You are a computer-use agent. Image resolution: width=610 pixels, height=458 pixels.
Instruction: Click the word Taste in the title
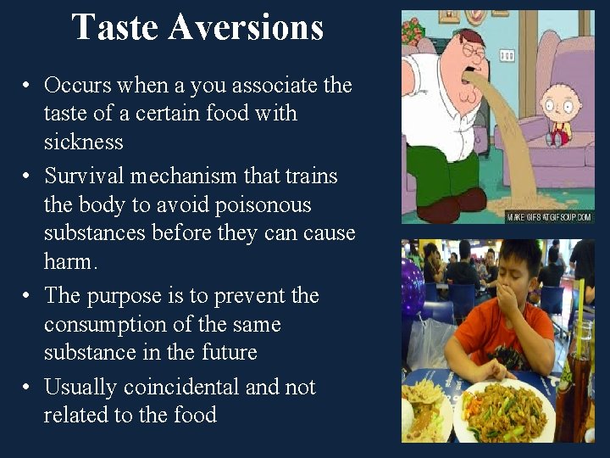click(x=115, y=27)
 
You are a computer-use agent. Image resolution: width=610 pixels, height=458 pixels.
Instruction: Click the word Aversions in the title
click(x=246, y=27)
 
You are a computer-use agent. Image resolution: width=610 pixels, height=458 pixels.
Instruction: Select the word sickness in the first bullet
click(x=84, y=142)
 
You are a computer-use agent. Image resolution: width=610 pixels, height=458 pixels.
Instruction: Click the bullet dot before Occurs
click(x=28, y=86)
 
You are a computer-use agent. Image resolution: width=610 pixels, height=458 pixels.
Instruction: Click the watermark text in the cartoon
click(x=549, y=217)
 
